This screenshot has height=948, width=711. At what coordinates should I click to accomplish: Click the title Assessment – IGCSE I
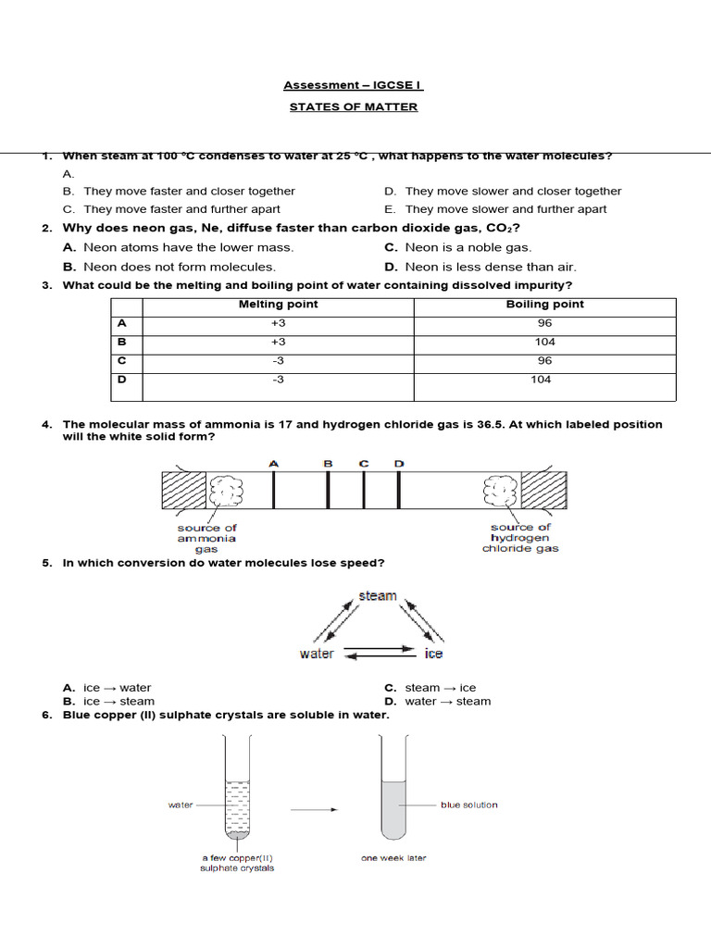click(353, 85)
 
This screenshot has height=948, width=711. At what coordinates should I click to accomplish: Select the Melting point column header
click(278, 305)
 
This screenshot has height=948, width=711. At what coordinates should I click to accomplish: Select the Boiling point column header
click(544, 305)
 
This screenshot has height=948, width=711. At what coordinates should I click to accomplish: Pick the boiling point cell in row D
click(542, 380)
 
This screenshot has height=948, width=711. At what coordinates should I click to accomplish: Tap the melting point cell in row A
click(278, 323)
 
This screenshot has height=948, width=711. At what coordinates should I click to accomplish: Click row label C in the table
click(121, 360)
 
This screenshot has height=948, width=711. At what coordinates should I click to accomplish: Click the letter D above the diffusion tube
click(399, 464)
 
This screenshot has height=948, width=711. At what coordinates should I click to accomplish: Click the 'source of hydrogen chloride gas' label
click(520, 538)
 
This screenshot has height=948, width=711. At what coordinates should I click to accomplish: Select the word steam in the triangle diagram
click(377, 596)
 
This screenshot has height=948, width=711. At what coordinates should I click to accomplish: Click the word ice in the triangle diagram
click(433, 654)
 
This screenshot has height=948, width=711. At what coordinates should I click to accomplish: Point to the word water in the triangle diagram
click(317, 654)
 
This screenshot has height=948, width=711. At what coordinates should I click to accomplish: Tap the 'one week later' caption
click(393, 858)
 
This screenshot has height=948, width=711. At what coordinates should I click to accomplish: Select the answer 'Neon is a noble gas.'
click(468, 247)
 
